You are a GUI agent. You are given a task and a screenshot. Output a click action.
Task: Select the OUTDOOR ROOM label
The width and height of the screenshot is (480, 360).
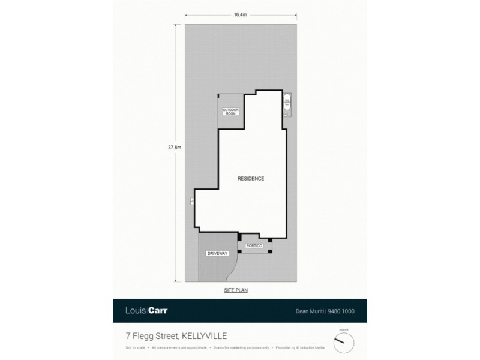(230, 112)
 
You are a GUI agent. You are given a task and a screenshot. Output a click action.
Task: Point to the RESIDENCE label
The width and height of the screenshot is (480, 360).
(251, 179)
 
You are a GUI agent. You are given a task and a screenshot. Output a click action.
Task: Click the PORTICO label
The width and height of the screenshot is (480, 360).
(254, 245)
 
